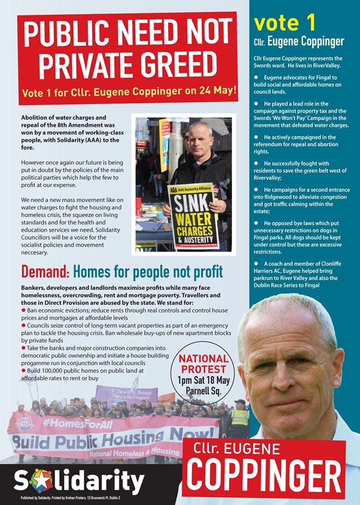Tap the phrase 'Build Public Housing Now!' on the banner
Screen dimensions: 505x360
point(113,437)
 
